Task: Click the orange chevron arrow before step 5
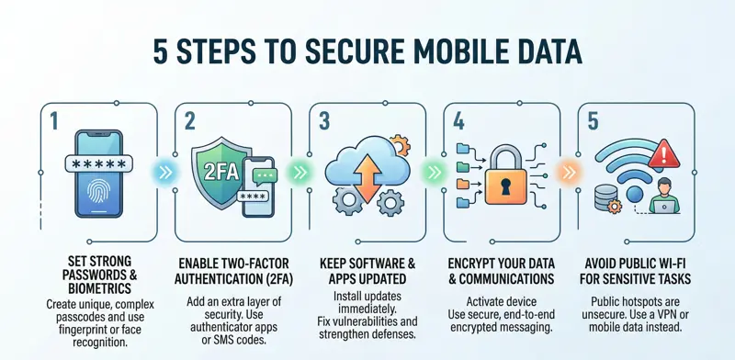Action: (567, 171)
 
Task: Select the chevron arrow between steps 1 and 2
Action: (162, 171)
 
